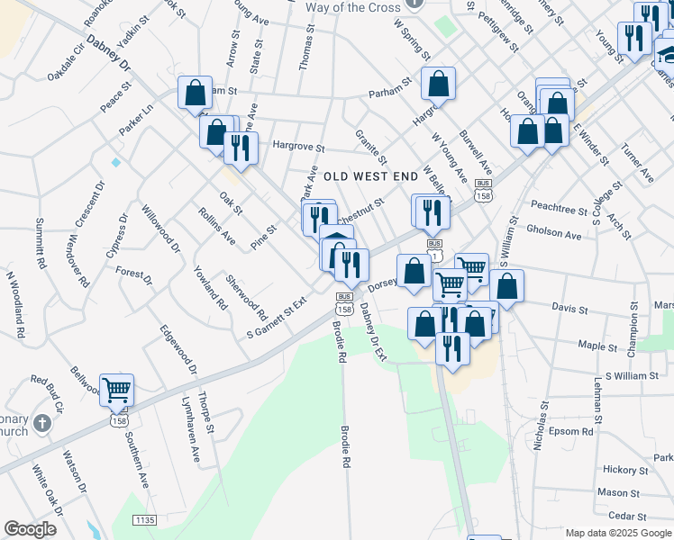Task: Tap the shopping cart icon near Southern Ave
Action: click(116, 391)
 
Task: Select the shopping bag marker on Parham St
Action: click(437, 85)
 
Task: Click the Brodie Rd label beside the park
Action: click(344, 445)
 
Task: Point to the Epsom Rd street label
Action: click(574, 432)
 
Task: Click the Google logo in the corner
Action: click(30, 529)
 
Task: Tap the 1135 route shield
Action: click(143, 520)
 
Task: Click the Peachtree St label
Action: click(559, 209)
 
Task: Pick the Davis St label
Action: click(569, 309)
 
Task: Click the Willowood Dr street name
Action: click(160, 229)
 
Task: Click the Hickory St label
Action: click(620, 470)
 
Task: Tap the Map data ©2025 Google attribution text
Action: click(617, 533)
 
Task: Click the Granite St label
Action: click(370, 147)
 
